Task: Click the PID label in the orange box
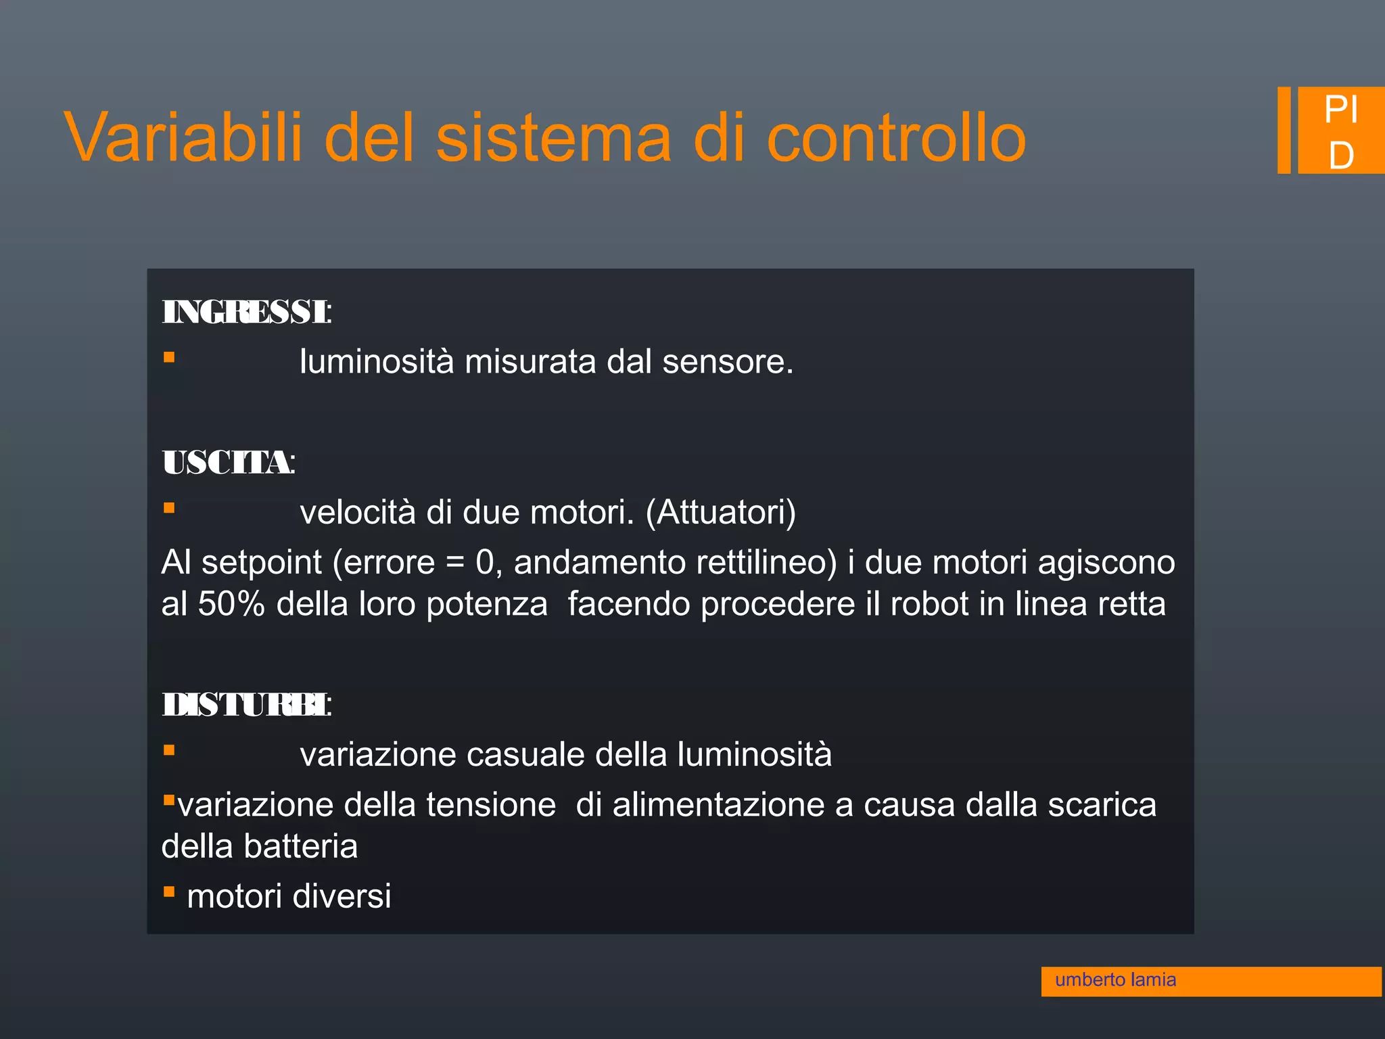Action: coord(1340,131)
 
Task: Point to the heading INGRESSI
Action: coord(246,313)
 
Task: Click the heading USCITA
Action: coord(228,463)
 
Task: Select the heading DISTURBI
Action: coord(246,705)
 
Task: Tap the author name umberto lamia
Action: coord(1115,979)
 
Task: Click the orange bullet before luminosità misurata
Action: coord(169,357)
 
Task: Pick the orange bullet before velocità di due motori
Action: coord(169,508)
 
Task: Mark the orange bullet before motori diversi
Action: coord(169,892)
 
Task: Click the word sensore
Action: coord(727,362)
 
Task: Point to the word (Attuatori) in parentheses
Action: coord(721,513)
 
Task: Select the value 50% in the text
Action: coord(231,604)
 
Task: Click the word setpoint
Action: coord(262,563)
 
